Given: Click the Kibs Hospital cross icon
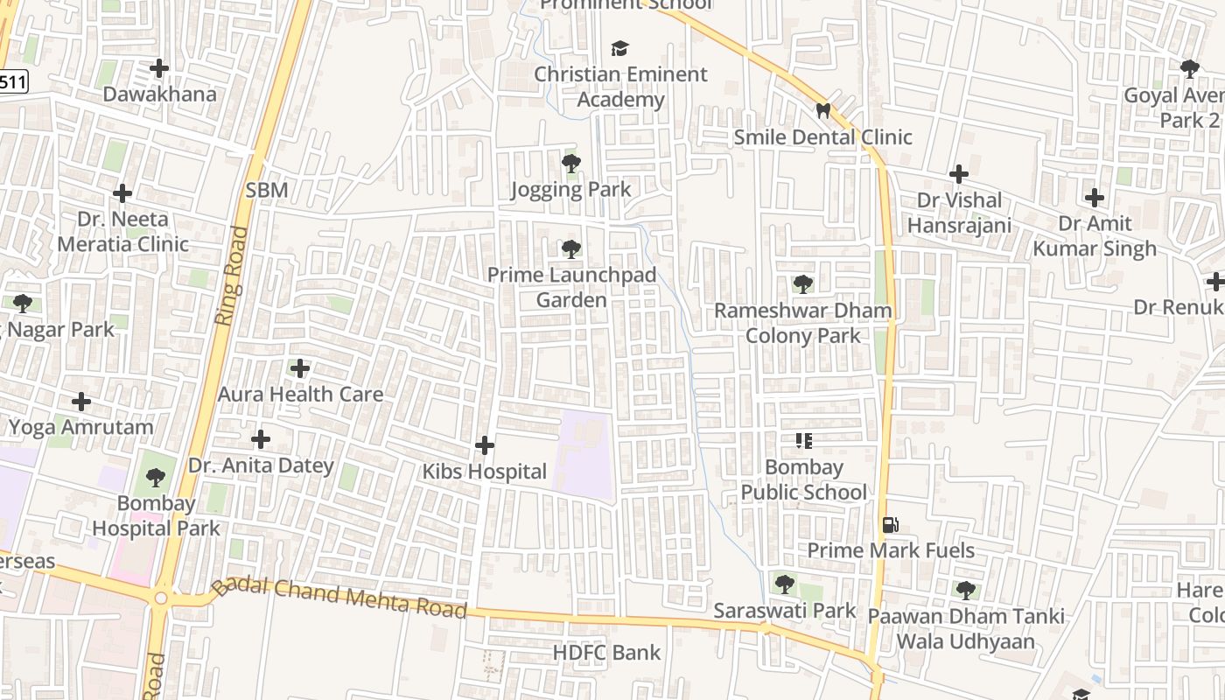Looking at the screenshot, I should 484,445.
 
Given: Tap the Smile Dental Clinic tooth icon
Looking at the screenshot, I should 822,111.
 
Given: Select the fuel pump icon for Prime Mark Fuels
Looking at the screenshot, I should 890,525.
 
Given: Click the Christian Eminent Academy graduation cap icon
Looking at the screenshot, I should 619,48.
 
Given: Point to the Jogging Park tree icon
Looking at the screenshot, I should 570,163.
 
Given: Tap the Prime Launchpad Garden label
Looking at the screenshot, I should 571,288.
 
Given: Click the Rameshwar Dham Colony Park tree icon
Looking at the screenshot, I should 802,284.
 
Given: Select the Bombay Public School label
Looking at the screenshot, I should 803,479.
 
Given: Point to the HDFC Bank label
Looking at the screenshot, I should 606,653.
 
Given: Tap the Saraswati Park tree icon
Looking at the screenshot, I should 784,584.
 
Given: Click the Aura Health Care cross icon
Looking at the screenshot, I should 300,368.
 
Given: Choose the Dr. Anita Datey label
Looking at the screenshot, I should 261,465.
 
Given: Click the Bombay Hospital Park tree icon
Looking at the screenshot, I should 156,478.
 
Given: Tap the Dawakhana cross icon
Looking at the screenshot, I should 159,67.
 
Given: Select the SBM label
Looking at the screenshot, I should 266,190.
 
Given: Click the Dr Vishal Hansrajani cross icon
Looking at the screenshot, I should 959,174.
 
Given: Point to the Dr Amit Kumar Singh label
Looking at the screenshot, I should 1095,236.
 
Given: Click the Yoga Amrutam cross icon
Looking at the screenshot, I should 81,402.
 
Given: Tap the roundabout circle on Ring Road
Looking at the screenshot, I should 160,598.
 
